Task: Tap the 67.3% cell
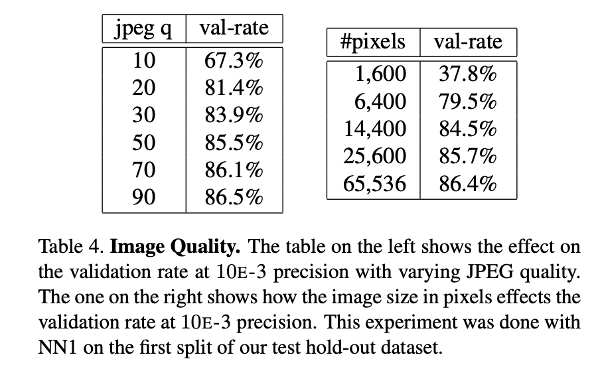233,61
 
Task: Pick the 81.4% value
233,88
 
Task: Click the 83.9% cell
233,115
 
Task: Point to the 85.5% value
233,143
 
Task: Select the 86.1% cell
233,170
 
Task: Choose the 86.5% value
233,197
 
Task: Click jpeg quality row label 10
144,61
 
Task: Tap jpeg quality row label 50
144,143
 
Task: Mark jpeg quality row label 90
144,197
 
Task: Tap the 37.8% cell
467,74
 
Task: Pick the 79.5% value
467,101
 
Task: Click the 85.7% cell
467,156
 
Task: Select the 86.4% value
467,183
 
